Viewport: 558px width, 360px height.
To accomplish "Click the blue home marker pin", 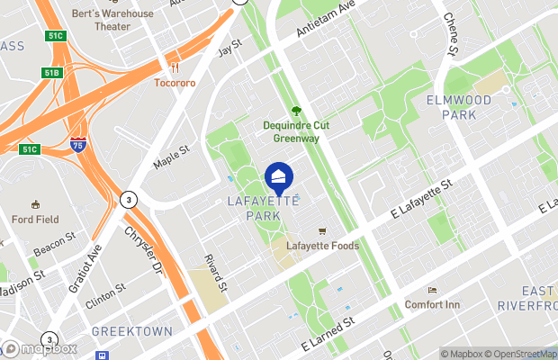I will click(279, 177).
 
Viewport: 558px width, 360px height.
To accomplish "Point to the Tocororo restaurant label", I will click(175, 83).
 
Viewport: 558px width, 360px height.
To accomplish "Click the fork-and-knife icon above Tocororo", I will click(175, 67).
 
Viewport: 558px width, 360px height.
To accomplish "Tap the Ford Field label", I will click(35, 219).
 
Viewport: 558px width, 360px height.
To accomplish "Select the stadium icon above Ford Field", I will click(35, 204).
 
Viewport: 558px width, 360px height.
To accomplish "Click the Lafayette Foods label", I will click(322, 246).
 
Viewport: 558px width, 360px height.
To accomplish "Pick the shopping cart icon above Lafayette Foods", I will click(322, 230).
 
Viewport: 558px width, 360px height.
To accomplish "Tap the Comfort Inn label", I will click(432, 305).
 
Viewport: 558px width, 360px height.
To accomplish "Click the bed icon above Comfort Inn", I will click(432, 291).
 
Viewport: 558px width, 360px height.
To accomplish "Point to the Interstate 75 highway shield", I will click(78, 144).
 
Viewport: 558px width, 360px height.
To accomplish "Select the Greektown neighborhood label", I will click(131, 331).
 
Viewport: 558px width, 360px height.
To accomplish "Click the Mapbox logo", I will click(40, 348).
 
